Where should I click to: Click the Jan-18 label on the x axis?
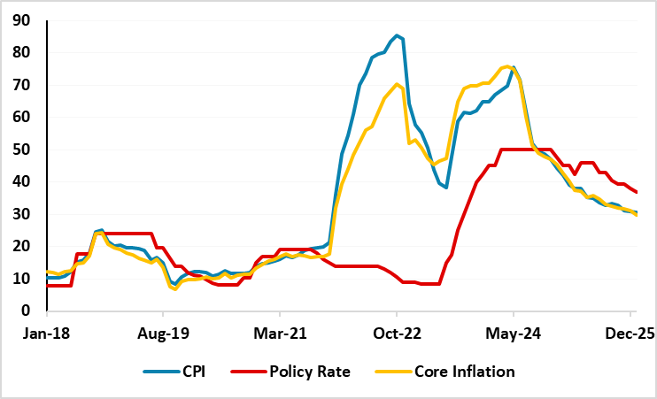coord(46,335)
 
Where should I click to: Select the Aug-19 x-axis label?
coord(163,335)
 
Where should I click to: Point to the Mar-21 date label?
coord(280,335)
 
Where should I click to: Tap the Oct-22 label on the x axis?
coord(397,335)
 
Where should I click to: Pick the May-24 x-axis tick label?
coord(514,335)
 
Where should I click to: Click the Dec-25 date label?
coord(630,335)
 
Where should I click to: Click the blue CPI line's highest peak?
coord(398,35)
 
